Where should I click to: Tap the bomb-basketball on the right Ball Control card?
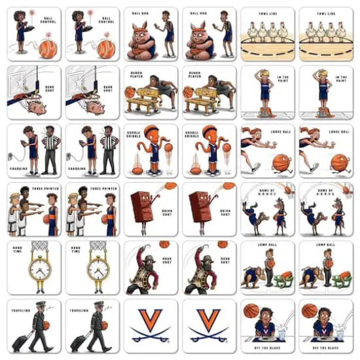tap(106, 48)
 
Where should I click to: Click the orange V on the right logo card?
tap(209, 320)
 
